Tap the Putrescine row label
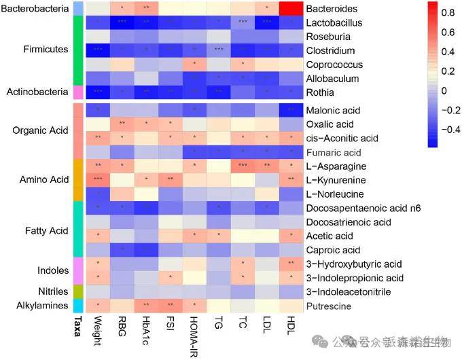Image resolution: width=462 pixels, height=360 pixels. (329, 306)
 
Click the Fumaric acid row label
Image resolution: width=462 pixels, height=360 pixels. (334, 152)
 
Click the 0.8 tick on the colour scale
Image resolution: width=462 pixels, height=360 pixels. (448, 12)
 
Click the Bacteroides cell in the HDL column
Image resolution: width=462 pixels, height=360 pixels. (291, 9)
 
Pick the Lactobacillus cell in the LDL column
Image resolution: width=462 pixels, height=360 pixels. (267, 22)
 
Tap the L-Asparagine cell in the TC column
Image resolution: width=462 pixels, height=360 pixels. (243, 166)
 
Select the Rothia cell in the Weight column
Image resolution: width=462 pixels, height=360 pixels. (98, 92)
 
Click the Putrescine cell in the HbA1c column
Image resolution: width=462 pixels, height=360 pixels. (146, 306)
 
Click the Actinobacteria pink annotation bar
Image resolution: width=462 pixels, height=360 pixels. (78, 92)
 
